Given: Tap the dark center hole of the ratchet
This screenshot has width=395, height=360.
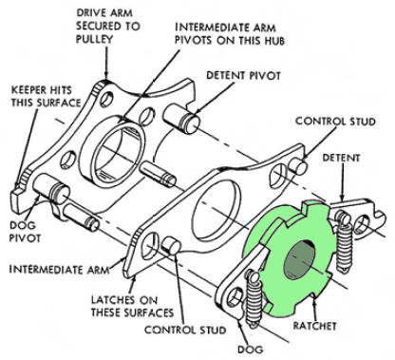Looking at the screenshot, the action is click(300, 260).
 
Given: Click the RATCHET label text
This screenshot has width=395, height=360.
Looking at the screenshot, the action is click(314, 326).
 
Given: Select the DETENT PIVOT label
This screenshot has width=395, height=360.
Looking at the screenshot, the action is click(243, 76).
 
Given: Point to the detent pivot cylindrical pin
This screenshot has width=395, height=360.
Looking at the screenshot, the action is click(181, 118).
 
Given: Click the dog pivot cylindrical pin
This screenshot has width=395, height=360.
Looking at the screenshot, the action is click(51, 189).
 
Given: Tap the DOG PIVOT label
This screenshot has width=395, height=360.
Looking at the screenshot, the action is click(25, 232).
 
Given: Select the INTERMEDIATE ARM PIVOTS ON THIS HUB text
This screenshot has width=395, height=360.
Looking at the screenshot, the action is click(230, 34).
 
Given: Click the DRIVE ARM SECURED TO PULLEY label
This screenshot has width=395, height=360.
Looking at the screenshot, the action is click(107, 26).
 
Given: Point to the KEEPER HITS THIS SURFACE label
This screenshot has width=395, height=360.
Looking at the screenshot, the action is click(46, 97).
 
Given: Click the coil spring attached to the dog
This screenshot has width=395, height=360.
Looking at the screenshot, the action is click(254, 298).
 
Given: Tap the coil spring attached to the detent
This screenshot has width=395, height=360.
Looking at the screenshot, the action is click(344, 242).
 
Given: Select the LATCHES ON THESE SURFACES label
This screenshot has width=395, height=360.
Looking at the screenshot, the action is click(132, 306).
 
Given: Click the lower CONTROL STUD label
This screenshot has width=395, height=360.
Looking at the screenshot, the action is click(185, 330).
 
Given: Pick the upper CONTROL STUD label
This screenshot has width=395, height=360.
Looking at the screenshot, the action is click(335, 122).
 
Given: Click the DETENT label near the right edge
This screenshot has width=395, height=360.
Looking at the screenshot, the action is click(341, 158).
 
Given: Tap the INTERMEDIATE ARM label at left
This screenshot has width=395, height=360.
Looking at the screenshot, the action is click(59, 270).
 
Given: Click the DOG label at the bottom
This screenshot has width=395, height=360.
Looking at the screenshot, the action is click(250, 350).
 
